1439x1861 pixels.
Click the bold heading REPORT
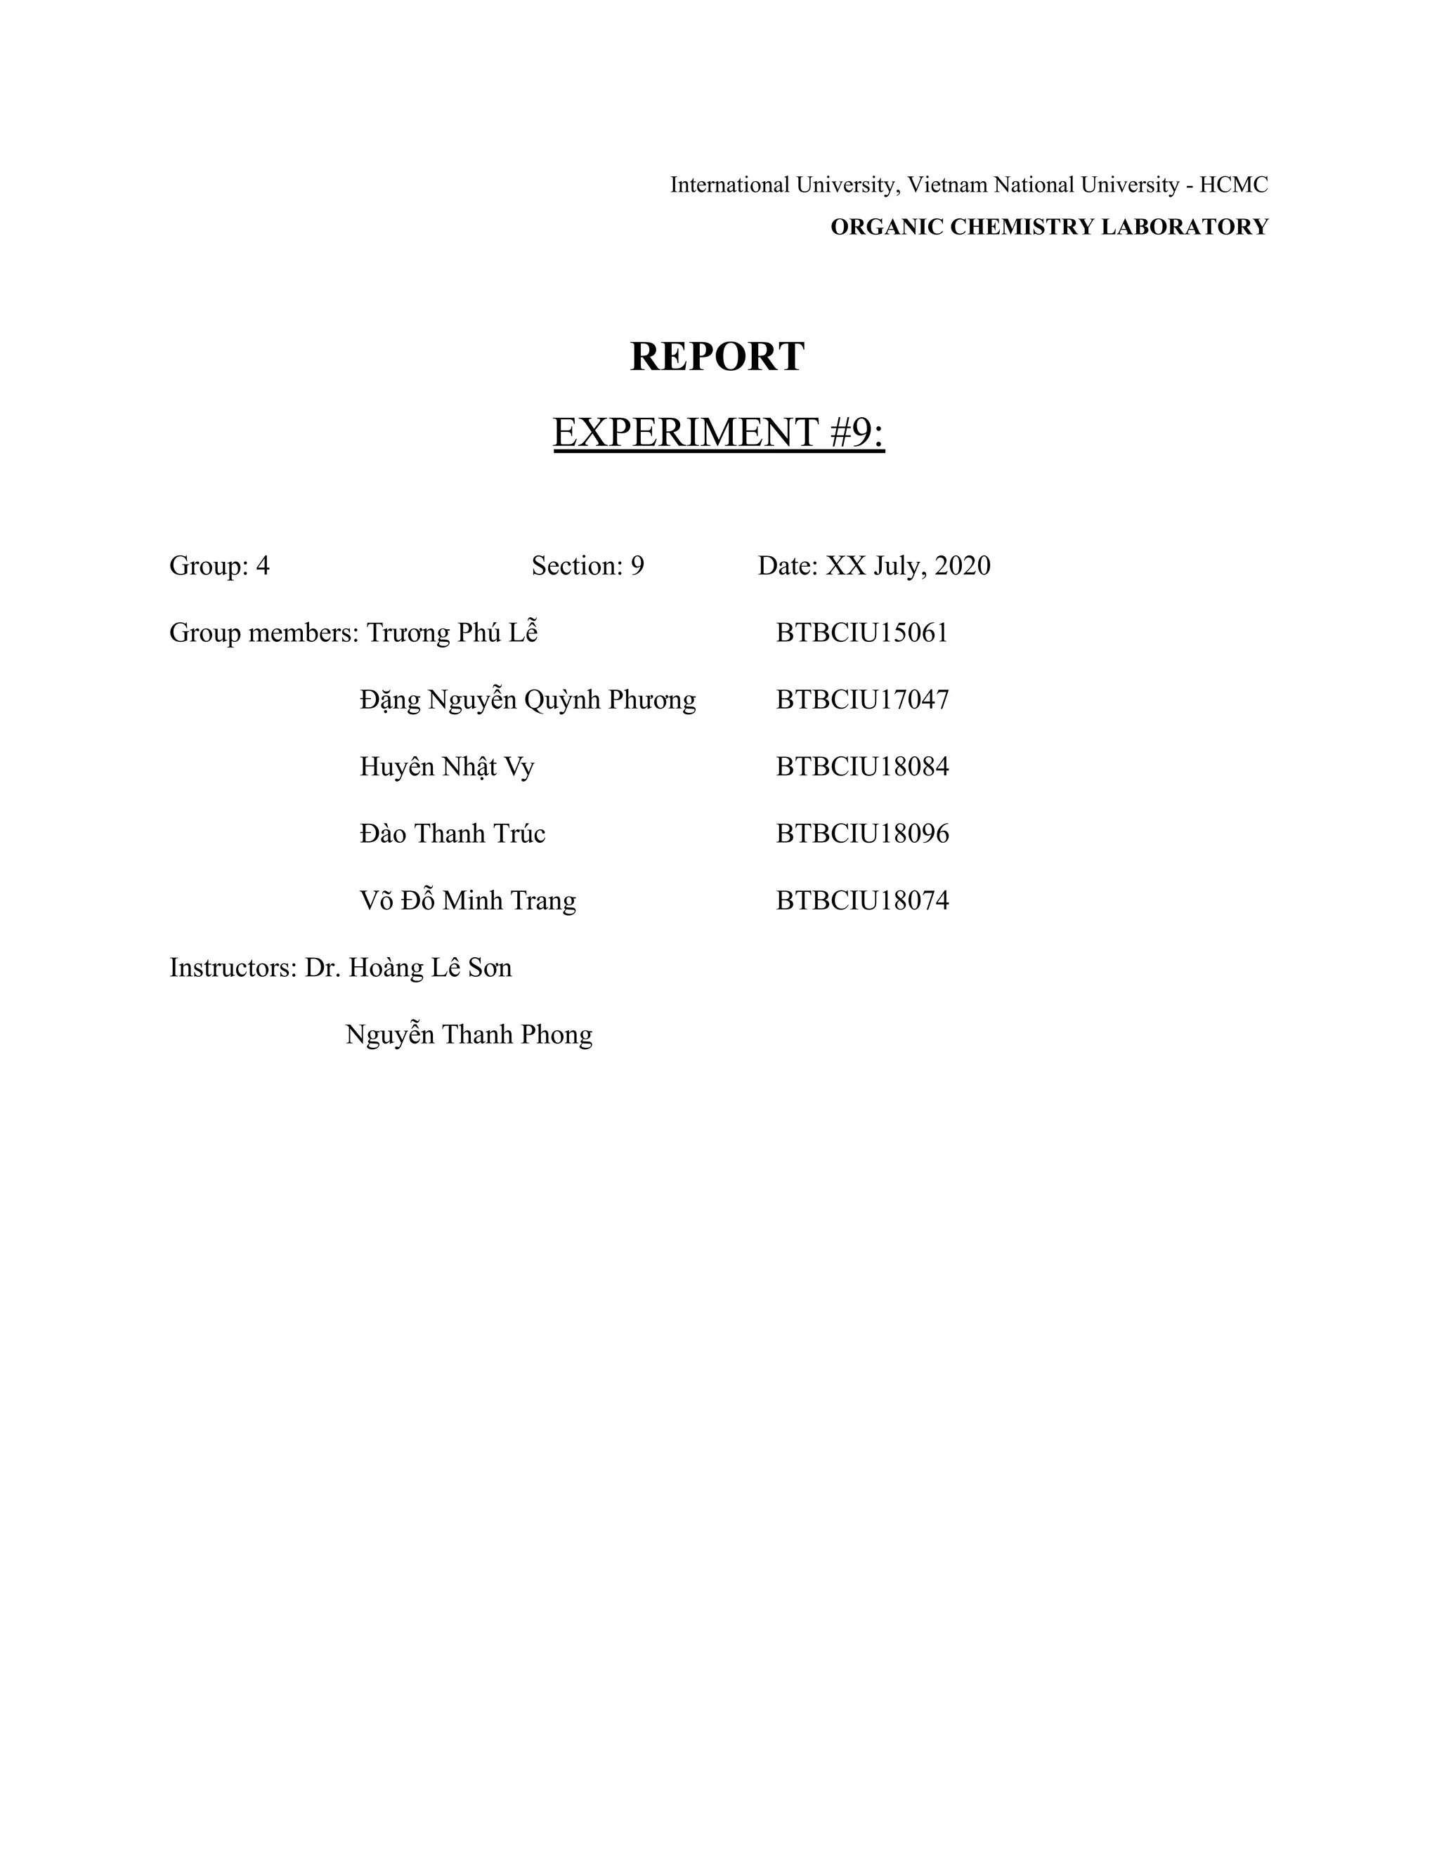point(717,356)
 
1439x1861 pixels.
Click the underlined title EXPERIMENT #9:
point(719,432)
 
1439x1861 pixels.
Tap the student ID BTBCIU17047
point(862,699)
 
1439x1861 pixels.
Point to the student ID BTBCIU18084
point(862,767)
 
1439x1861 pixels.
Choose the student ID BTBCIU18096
point(862,834)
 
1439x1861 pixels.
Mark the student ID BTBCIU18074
point(862,901)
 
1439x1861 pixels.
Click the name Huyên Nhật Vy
point(447,767)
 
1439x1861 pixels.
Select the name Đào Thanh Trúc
point(452,834)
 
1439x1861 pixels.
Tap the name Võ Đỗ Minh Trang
point(467,901)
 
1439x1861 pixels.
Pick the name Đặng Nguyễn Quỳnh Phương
point(528,699)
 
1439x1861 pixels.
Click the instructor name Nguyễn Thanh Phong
point(469,1034)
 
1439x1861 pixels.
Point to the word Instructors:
point(232,968)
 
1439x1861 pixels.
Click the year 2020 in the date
point(963,566)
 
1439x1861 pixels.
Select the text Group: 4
point(219,566)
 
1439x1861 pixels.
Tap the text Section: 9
point(587,566)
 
